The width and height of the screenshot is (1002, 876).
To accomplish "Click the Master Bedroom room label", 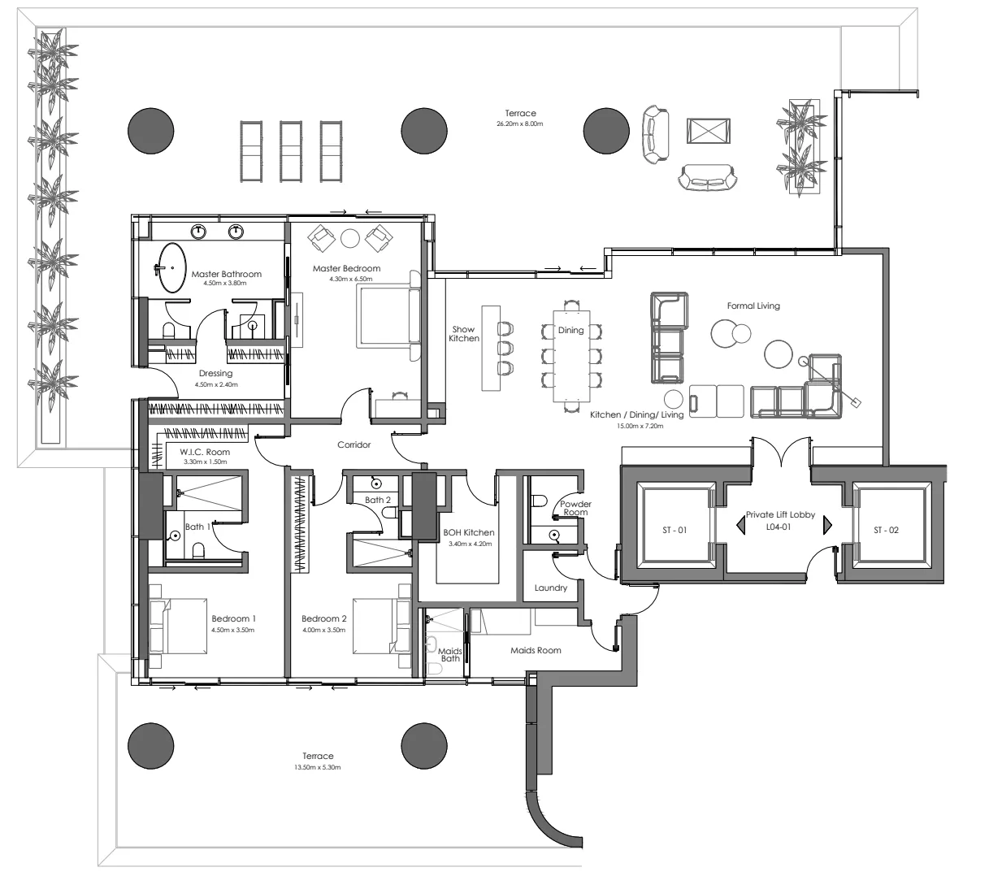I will coord(346,269).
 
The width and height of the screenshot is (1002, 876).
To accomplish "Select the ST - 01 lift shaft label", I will coord(675,531).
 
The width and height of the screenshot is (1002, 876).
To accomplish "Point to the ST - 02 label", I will coord(887,531).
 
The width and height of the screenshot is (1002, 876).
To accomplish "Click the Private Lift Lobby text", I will coord(779,515).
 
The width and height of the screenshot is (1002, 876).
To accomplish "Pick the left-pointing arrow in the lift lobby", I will coord(740,526).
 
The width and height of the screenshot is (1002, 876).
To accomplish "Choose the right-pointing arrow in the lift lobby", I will coord(827,526).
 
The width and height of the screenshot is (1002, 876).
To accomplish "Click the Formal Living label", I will coord(753,306).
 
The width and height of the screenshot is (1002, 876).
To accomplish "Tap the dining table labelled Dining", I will coord(571,354).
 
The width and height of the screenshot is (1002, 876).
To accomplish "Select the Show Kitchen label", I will coord(463,334).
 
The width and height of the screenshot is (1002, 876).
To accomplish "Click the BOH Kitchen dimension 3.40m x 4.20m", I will coord(470,544).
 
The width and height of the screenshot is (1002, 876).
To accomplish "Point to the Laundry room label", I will coord(551,588).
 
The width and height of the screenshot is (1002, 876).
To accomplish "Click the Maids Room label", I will coord(536,650).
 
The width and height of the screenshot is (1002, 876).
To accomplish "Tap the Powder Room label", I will coord(575,509).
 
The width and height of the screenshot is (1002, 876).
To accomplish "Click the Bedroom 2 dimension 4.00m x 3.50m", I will coord(323,630).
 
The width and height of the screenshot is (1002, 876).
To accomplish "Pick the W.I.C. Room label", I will coord(205,452).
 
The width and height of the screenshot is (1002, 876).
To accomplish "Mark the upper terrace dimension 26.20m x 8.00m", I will coord(520,124).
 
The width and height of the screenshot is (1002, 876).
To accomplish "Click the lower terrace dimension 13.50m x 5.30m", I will coord(318,767).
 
